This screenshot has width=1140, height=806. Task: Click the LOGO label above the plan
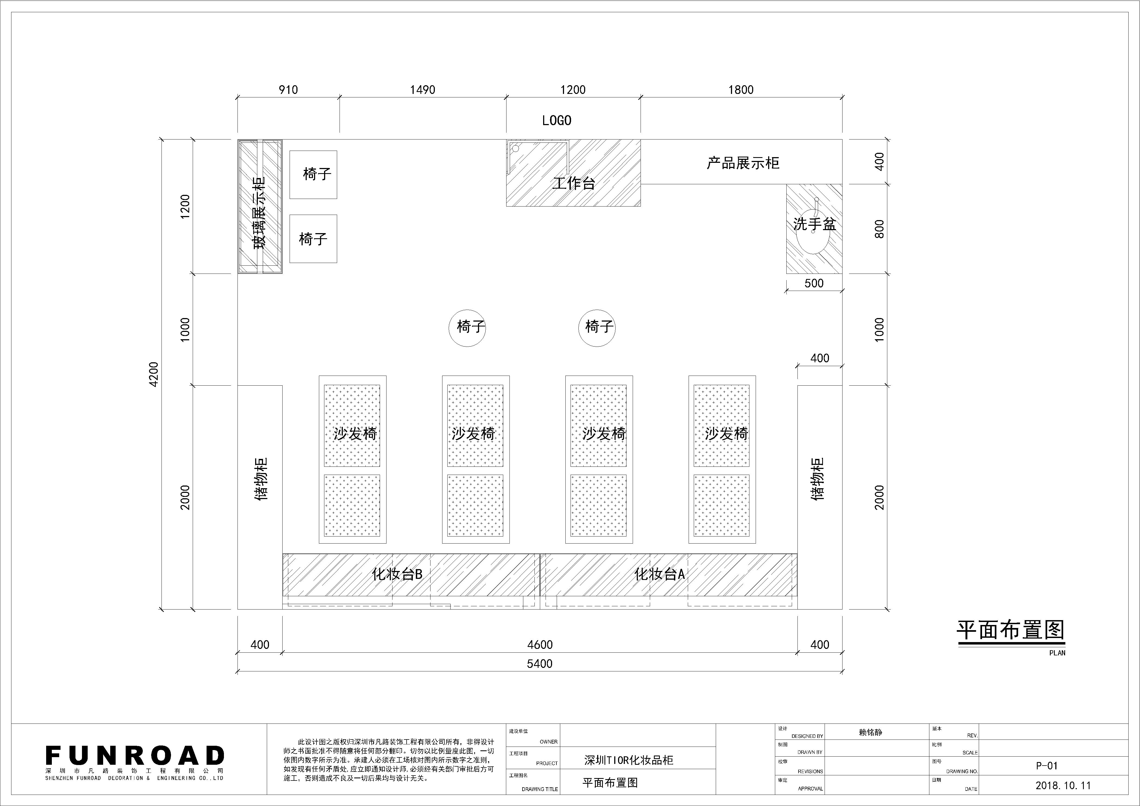[557, 120]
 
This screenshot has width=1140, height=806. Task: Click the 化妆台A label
[660, 574]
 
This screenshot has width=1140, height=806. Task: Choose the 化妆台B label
[397, 574]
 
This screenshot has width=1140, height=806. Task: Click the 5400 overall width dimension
[540, 664]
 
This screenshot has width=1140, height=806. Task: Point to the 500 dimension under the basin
[814, 283]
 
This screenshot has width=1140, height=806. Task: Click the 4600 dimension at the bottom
[540, 645]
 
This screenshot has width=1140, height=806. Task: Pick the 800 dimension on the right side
[879, 229]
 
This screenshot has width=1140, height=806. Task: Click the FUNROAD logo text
[135, 755]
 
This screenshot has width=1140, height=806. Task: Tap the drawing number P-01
[1047, 766]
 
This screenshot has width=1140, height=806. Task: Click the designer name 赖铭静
[870, 732]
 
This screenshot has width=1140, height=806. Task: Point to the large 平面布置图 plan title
[1011, 630]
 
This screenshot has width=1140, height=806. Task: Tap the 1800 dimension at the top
[741, 90]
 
